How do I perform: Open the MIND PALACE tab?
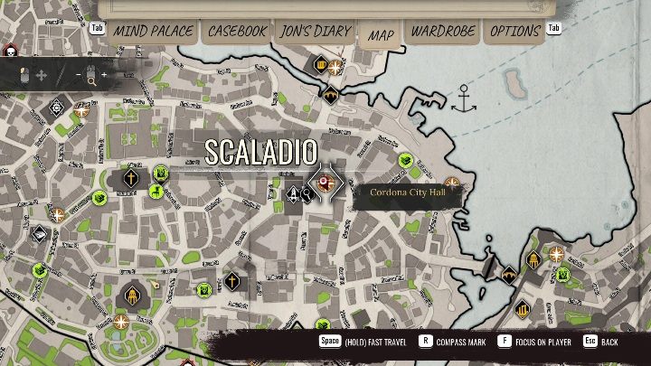pyautogui.click(x=153, y=31)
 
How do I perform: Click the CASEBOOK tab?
pyautogui.click(x=238, y=31)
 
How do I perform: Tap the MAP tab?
pyautogui.click(x=382, y=35)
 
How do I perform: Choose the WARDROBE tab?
pyautogui.click(x=443, y=31)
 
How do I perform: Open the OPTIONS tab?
pyautogui.click(x=514, y=31)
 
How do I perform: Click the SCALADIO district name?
pyautogui.click(x=260, y=152)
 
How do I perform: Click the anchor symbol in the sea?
pyautogui.click(x=464, y=99)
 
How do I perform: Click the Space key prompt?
pyautogui.click(x=329, y=343)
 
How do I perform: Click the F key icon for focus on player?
pyautogui.click(x=507, y=343)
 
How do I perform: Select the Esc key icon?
pyautogui.click(x=590, y=343)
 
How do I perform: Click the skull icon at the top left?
pyautogui.click(x=11, y=51)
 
